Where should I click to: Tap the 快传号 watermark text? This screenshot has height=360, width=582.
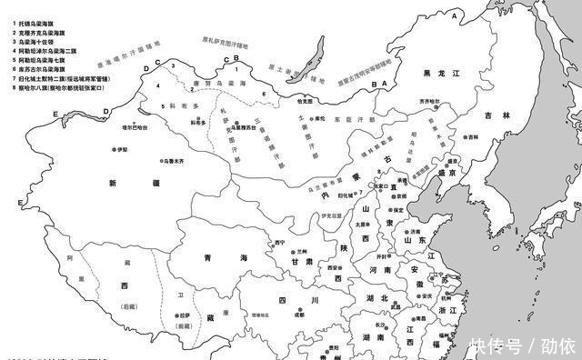click(x=496, y=346)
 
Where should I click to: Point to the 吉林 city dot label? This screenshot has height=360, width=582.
click(x=472, y=136)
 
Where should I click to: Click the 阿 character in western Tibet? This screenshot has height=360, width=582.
click(x=70, y=259)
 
